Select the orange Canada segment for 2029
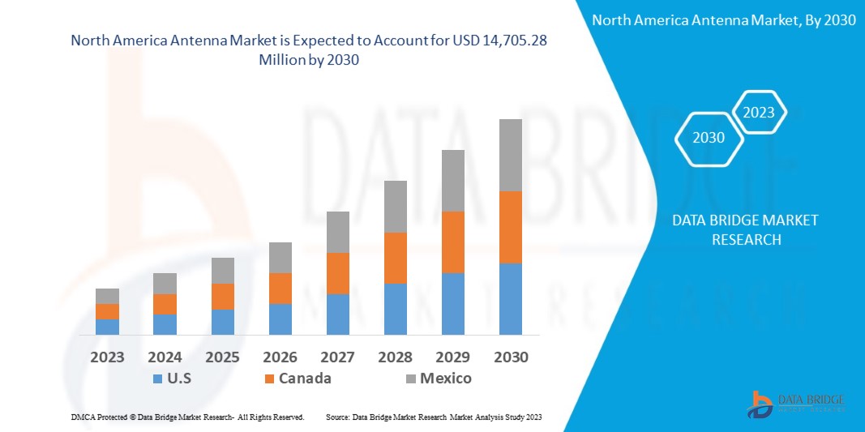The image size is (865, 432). (x=452, y=242)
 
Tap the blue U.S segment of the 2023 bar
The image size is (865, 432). (x=107, y=327)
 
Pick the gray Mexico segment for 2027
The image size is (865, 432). (x=337, y=232)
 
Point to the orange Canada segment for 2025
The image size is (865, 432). (x=222, y=296)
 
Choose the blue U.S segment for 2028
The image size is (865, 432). (x=395, y=309)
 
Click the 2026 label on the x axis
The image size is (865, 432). (x=280, y=357)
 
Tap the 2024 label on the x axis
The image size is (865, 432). (x=165, y=357)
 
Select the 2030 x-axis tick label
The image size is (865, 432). (x=510, y=357)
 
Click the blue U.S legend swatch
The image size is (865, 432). (x=157, y=379)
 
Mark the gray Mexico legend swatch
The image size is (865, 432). (x=409, y=379)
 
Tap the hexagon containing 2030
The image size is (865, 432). (x=709, y=138)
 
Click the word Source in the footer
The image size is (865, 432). (x=337, y=417)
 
